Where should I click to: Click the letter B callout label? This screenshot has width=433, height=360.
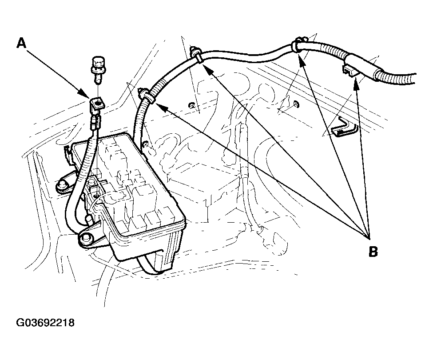(x=373, y=252)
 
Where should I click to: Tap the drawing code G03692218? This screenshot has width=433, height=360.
(x=45, y=322)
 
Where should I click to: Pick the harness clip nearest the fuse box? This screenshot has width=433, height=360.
(x=145, y=95)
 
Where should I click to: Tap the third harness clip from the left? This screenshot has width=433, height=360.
(x=297, y=45)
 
